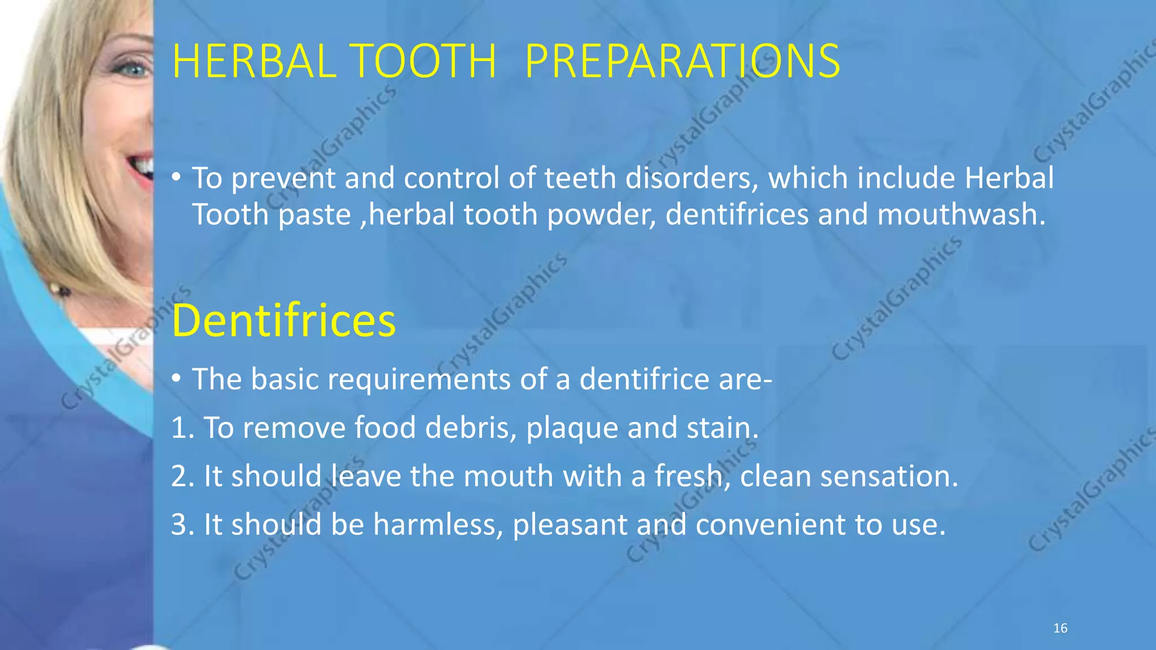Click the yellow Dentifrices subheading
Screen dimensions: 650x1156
pyautogui.click(x=283, y=320)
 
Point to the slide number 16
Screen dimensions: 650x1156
pyautogui.click(x=1060, y=628)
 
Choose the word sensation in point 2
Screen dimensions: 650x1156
pyautogui.click(x=888, y=476)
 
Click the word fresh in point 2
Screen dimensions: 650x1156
pyautogui.click(x=689, y=476)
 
